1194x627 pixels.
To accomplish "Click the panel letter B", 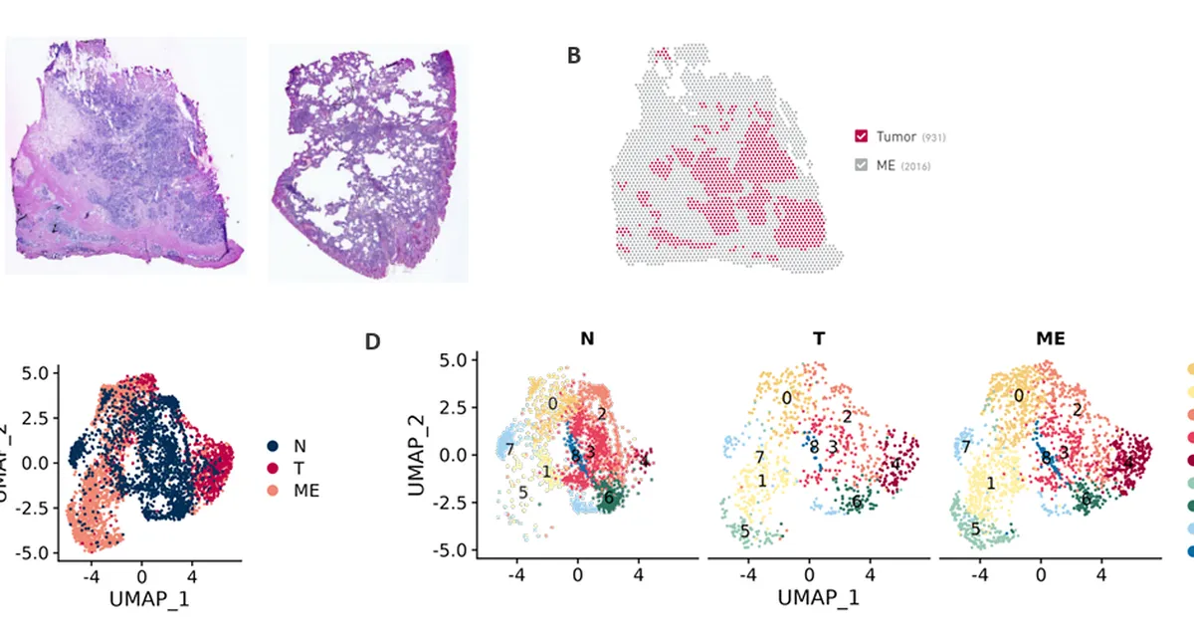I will click(574, 56).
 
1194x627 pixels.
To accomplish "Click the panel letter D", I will click(372, 341).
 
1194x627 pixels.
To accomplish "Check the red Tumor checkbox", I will click(862, 135).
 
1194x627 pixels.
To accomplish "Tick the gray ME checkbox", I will click(862, 164).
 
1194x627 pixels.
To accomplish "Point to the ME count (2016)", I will click(916, 165).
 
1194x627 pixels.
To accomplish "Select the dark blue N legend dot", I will click(274, 444).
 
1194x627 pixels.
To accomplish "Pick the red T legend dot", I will click(274, 466).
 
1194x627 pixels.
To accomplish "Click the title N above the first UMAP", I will click(587, 339).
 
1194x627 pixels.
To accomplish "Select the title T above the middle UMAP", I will click(818, 339).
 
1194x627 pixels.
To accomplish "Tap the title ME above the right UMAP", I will click(1051, 339).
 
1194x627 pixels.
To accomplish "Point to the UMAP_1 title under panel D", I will click(818, 597).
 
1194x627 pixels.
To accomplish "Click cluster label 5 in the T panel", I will click(744, 533).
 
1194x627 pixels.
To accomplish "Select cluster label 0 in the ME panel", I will click(1019, 395).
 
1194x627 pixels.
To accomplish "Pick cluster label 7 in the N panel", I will click(509, 449).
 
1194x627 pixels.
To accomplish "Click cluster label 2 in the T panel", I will click(847, 416).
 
